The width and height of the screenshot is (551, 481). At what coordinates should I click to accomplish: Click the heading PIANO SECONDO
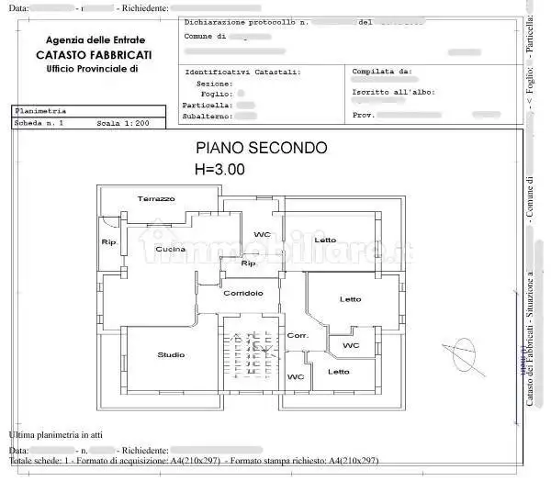(261, 148)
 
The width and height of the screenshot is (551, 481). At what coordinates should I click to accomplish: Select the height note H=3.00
(219, 169)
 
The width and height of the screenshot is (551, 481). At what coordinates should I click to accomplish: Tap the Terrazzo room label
(156, 199)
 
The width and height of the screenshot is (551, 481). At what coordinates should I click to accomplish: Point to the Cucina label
(170, 250)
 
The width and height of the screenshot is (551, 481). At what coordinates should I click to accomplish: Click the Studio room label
(171, 354)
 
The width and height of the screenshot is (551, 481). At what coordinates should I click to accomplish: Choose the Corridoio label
(243, 293)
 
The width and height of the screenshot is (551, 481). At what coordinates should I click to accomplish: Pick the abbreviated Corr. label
(297, 336)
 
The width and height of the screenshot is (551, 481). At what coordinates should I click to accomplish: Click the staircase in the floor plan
(248, 352)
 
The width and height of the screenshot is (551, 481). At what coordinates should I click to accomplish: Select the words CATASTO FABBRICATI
(95, 56)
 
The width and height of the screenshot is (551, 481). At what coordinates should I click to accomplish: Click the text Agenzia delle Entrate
(95, 40)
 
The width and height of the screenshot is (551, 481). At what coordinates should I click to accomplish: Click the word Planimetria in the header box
(40, 110)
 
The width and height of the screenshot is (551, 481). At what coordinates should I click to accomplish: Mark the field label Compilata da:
(381, 71)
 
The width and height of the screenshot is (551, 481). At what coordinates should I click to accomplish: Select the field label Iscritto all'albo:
(393, 92)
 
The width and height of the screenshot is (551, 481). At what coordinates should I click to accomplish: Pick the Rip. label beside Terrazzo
(108, 242)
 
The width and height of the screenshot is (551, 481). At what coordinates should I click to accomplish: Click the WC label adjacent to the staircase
(295, 377)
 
